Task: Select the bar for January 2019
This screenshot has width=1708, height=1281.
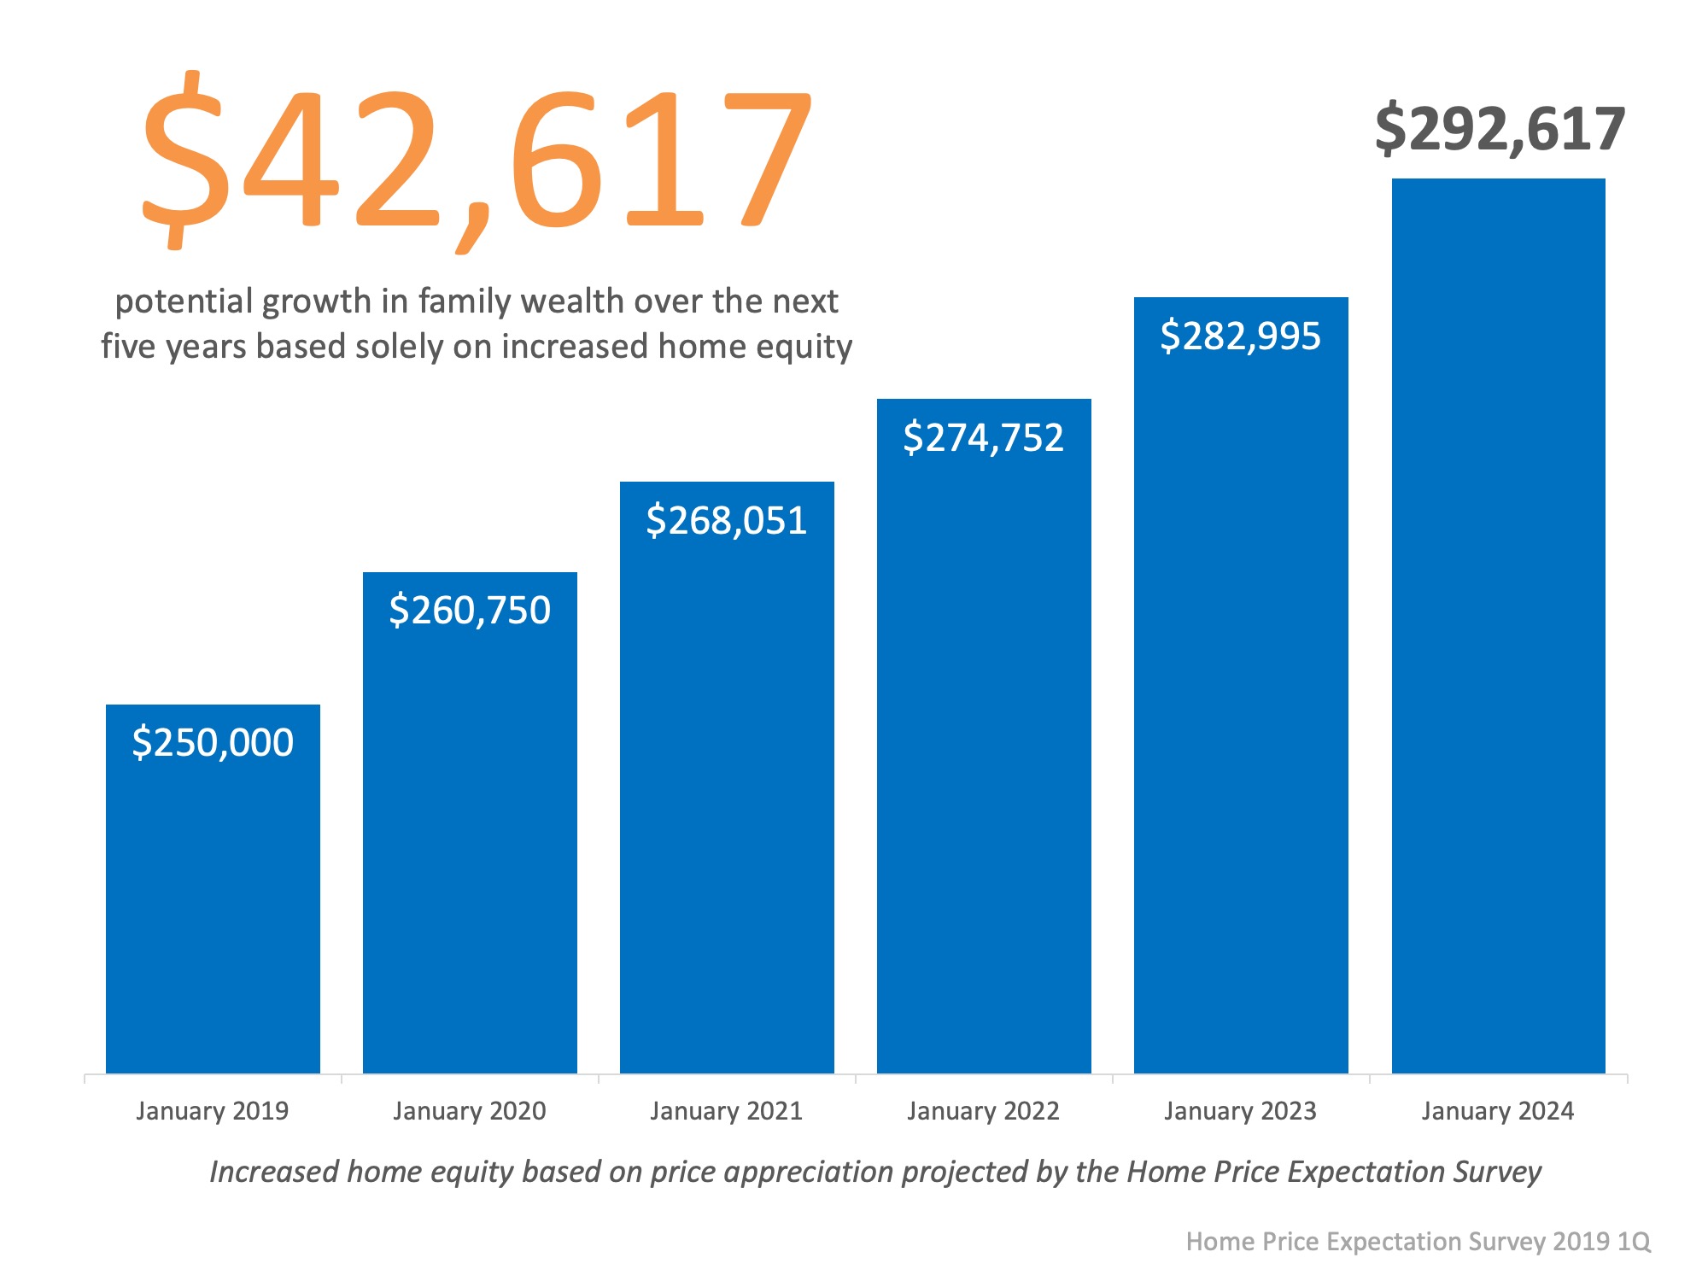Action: [x=213, y=905]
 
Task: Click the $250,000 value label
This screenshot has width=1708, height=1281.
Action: [x=213, y=742]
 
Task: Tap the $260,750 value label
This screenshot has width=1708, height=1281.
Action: [x=470, y=610]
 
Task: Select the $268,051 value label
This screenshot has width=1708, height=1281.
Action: [x=727, y=520]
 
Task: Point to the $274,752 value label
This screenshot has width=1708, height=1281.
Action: [x=984, y=437]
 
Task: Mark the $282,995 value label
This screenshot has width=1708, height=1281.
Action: [x=1241, y=336]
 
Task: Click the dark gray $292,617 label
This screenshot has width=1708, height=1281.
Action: [x=1500, y=130]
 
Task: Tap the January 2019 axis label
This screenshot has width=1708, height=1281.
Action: [x=213, y=1111]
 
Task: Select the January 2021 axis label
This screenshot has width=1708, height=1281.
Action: [x=727, y=1111]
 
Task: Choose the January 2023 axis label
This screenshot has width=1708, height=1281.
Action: [x=1241, y=1111]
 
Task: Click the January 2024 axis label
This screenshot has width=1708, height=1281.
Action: [x=1498, y=1111]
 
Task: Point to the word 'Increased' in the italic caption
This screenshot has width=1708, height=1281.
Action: [x=274, y=1172]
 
